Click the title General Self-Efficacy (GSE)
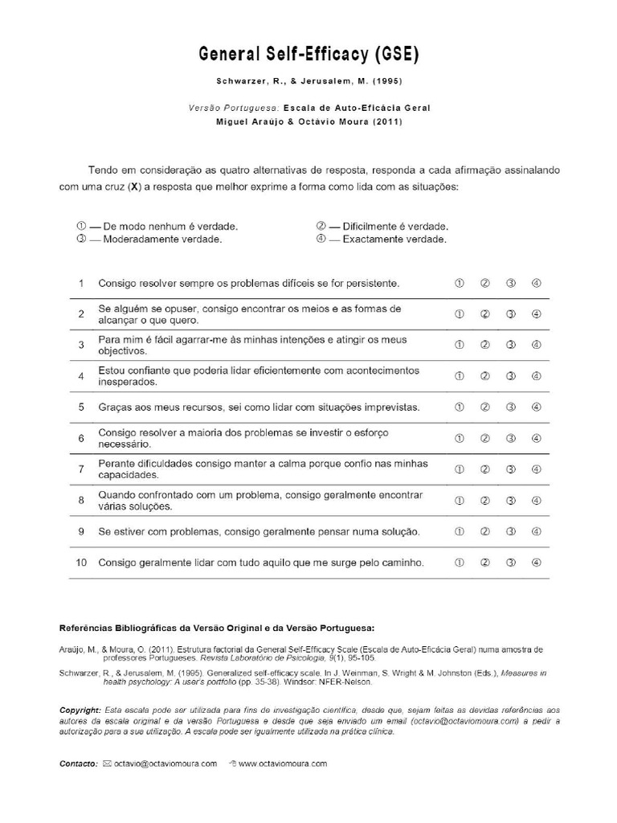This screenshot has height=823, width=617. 309,54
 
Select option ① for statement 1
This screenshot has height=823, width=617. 460,283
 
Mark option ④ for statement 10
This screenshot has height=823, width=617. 537,562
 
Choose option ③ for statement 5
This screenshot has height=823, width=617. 511,407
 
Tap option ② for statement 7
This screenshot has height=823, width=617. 485,469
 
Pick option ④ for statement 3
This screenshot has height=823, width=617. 537,345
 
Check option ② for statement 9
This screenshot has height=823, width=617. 485,531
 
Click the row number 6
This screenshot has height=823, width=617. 81,438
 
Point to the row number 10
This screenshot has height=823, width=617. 81,562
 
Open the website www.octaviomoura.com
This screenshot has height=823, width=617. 282,764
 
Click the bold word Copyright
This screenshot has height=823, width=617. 81,710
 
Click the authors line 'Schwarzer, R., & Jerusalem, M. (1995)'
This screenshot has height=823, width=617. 309,82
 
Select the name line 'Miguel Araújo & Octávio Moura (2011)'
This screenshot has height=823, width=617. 309,121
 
